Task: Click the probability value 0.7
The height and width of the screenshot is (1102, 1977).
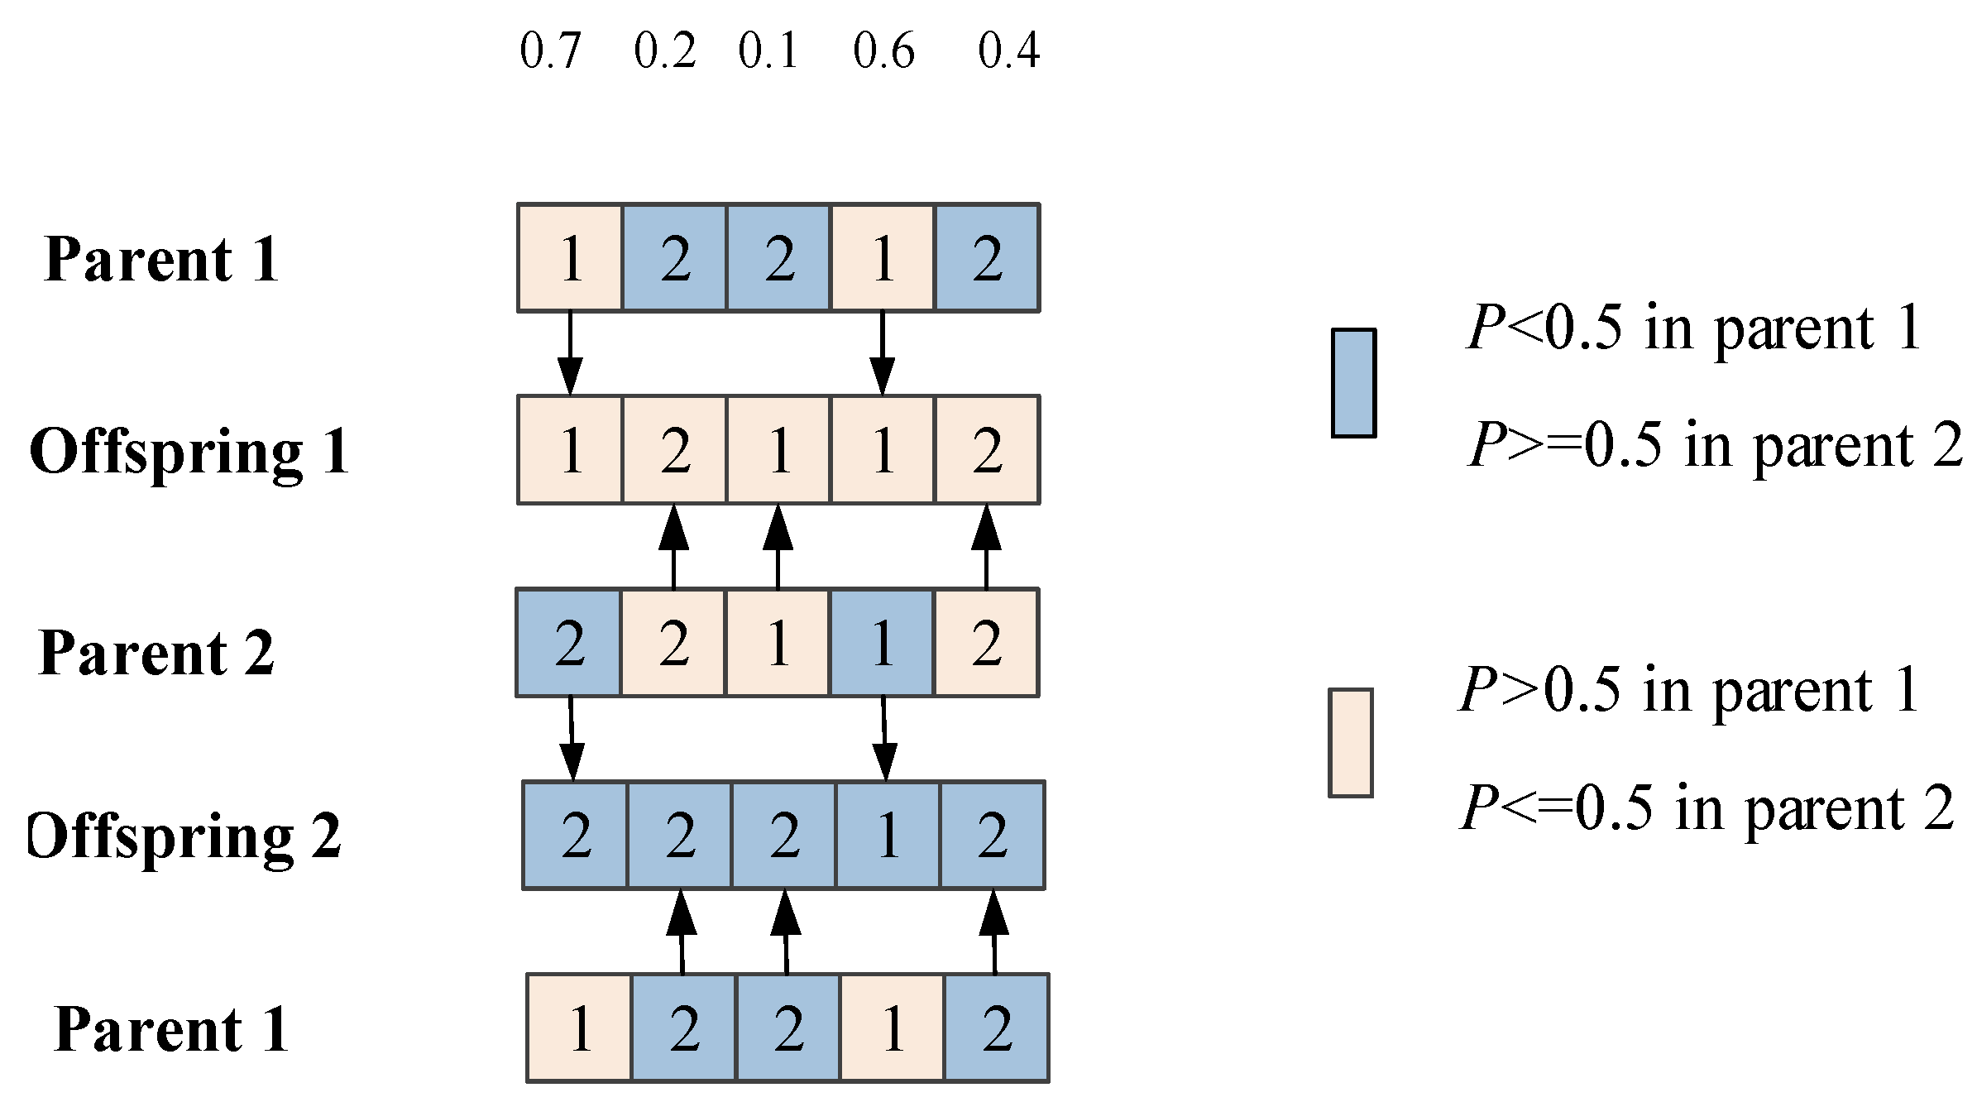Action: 551,50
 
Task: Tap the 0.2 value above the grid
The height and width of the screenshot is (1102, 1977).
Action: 665,50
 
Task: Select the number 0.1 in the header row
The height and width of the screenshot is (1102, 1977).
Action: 768,50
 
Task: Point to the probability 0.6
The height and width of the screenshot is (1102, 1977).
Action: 883,50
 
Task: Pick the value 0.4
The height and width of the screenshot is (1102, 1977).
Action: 1008,50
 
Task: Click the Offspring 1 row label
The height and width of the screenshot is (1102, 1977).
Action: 189,452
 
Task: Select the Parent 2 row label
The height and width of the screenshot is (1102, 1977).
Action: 156,653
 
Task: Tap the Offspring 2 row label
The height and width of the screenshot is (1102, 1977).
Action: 184,836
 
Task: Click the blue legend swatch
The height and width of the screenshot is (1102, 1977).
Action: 1353,382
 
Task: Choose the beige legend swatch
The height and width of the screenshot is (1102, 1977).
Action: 1351,742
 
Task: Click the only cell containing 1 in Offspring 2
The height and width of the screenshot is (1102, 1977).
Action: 888,835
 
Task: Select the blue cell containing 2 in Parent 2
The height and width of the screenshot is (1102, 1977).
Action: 569,643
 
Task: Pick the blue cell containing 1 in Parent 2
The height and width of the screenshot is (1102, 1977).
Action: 883,643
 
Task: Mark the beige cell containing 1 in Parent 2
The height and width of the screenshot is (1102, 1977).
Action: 778,643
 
